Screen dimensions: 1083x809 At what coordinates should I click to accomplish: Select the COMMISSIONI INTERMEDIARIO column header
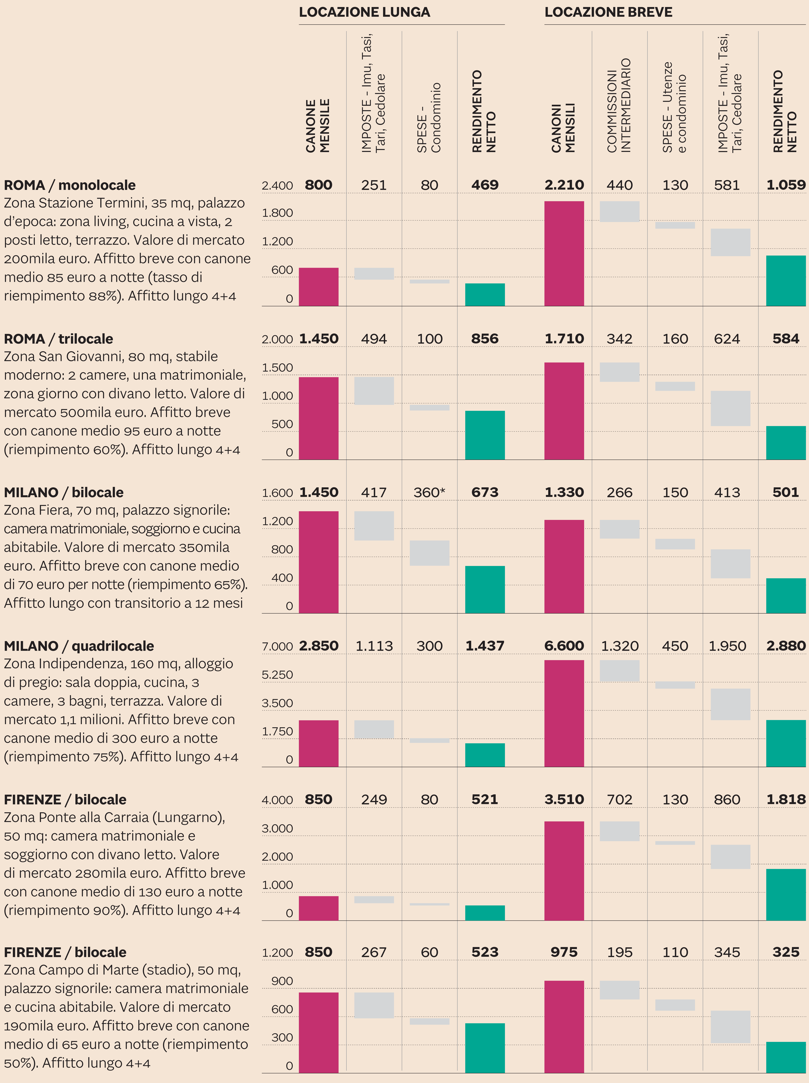(619, 105)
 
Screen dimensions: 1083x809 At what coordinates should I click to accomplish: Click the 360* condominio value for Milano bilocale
(429, 493)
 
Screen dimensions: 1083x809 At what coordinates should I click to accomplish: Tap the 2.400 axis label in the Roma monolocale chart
(277, 186)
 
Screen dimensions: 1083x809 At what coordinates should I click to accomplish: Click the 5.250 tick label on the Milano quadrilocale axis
(277, 675)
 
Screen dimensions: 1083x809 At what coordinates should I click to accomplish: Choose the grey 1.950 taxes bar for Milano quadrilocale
(730, 704)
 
